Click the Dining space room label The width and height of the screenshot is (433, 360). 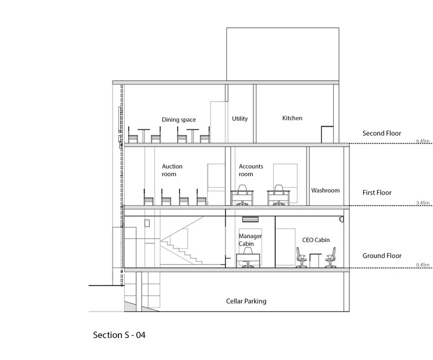pos(178,120)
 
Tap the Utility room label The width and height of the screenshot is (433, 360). pos(240,119)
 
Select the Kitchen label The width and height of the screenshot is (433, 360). pos(292,118)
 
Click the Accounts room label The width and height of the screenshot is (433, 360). pos(251,170)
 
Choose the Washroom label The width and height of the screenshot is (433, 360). pos(325,190)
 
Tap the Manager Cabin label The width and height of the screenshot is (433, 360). pos(251,240)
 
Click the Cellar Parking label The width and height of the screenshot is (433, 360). pos(245,301)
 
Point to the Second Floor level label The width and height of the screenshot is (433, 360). pos(382,133)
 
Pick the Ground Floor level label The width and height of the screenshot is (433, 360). pos(382,255)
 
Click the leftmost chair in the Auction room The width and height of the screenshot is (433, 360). pos(148,197)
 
